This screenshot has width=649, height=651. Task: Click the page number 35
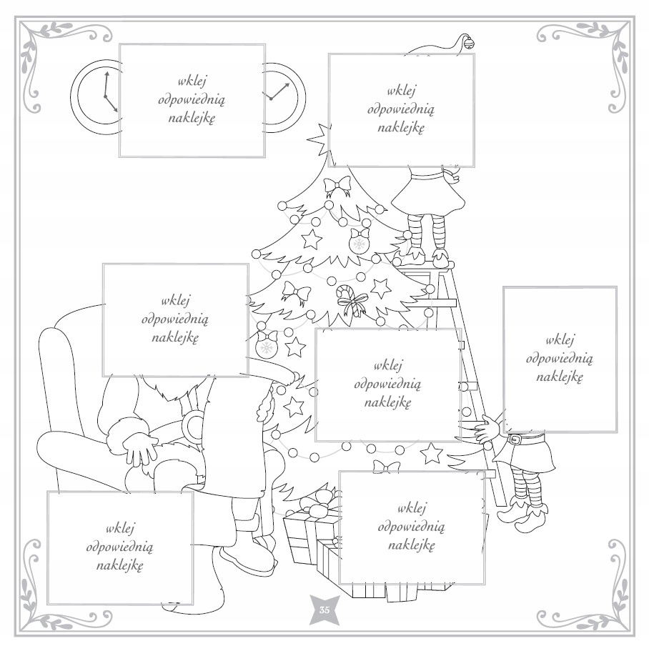pyautogui.click(x=324, y=610)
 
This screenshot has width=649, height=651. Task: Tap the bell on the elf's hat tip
pyautogui.click(x=469, y=42)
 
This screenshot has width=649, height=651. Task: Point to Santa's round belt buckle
pyautogui.click(x=193, y=426)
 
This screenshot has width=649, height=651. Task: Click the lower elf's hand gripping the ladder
pyautogui.click(x=486, y=430)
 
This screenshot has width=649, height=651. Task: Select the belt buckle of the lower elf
pyautogui.click(x=515, y=439)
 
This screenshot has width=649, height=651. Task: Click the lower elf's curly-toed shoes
pyautogui.click(x=522, y=513)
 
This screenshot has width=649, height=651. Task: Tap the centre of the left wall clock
pyautogui.click(x=105, y=96)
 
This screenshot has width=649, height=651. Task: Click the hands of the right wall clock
pyautogui.click(x=279, y=91)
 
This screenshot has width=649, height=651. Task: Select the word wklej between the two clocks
pyautogui.click(x=192, y=81)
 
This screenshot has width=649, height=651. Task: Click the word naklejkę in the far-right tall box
pyautogui.click(x=560, y=377)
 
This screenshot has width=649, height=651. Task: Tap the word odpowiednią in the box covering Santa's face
pyautogui.click(x=175, y=319)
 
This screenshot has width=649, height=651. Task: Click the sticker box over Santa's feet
pyautogui.click(x=120, y=547)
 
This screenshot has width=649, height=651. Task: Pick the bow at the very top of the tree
pyautogui.click(x=337, y=186)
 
